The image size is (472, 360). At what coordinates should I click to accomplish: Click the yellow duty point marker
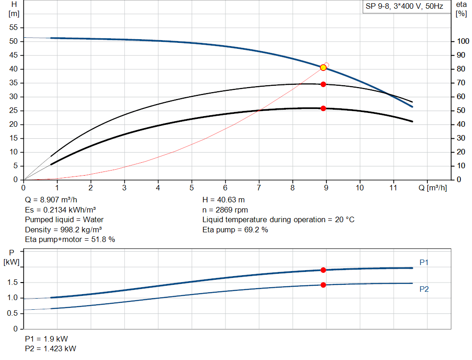(x=323, y=68)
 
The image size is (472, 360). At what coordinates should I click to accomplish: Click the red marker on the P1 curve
(x=323, y=270)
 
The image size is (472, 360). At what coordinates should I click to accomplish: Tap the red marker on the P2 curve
(x=323, y=285)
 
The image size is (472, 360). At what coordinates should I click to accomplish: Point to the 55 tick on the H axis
(x=13, y=28)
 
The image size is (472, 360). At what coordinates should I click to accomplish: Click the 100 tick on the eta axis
(x=462, y=41)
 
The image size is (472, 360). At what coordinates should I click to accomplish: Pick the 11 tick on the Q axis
(x=393, y=188)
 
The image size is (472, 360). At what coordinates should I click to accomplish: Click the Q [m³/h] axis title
(x=439, y=188)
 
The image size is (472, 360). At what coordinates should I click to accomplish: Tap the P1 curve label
(x=424, y=263)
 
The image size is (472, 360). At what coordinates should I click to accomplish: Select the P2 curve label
(x=424, y=289)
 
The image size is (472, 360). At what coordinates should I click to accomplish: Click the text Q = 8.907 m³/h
(x=51, y=200)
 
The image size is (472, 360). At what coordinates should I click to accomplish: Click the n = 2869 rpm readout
(x=225, y=210)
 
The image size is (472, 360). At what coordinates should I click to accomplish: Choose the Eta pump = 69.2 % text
(x=235, y=230)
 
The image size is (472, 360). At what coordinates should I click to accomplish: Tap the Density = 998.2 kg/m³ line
(x=64, y=230)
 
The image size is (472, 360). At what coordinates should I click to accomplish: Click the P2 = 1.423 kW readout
(x=51, y=348)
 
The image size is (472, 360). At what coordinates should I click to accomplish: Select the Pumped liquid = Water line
(x=65, y=219)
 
